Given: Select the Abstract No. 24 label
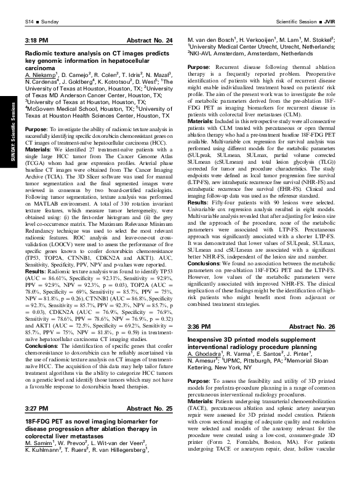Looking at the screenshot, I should click(152, 40).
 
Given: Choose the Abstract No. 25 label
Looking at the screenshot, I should click(152, 409).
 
